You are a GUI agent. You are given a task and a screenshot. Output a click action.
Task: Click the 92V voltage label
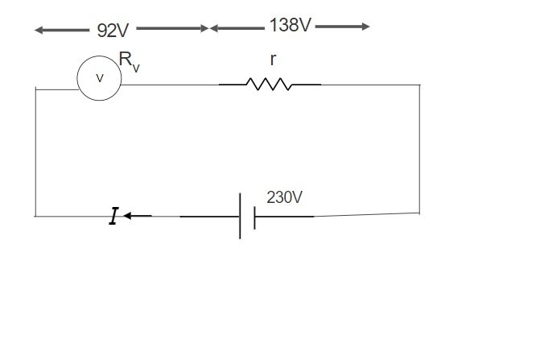113,30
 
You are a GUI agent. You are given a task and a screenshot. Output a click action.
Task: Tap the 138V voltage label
290,26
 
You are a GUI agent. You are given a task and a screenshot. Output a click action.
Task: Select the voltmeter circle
99,78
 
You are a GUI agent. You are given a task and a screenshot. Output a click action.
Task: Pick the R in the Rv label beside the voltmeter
125,58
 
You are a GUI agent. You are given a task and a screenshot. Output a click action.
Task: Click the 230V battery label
284,197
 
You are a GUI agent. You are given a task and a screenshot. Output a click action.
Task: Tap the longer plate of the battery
240,216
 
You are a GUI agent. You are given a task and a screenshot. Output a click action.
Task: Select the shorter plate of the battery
254,217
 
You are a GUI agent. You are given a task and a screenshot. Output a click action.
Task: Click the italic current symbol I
113,216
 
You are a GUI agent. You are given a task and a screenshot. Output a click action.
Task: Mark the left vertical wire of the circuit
35,153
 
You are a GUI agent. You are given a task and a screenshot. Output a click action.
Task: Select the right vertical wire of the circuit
419,149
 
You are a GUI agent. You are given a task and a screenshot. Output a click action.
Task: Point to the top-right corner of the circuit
419,84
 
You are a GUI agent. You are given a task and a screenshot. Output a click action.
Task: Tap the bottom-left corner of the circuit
35,216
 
